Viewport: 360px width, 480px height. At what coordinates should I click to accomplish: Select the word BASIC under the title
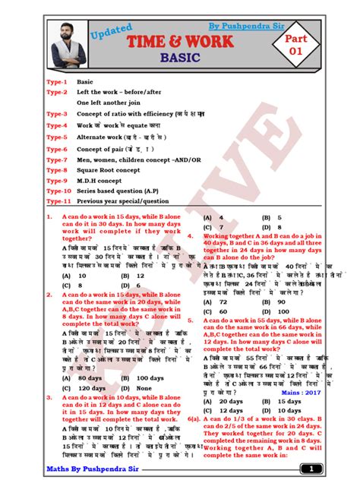(x=180, y=58)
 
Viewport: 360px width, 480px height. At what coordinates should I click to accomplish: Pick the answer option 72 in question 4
(x=225, y=302)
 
